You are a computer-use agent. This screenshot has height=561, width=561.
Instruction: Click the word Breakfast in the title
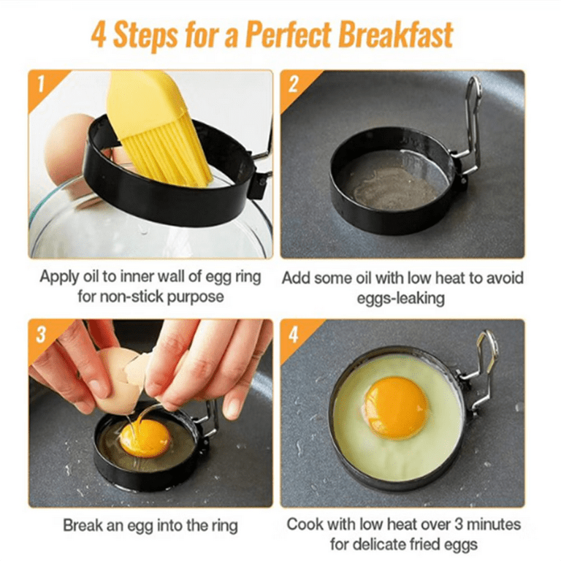point(396,35)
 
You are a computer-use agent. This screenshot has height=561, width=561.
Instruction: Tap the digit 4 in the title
point(99,35)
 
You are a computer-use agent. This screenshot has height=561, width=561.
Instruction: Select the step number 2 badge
point(293,85)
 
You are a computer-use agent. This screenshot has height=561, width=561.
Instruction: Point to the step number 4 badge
point(294,335)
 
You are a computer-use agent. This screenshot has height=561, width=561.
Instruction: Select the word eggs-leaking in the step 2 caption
point(401,298)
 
